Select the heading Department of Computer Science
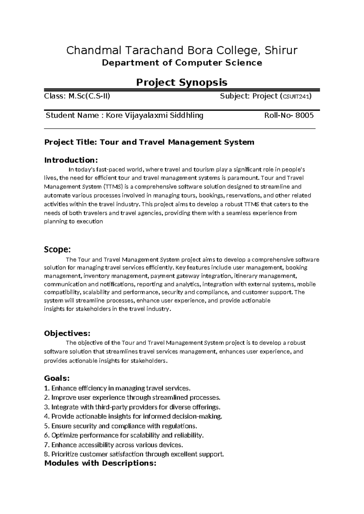point(182,63)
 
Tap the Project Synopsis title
point(182,82)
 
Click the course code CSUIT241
point(295,97)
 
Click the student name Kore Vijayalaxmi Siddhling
point(154,115)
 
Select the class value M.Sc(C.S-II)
point(89,96)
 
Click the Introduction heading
point(71,160)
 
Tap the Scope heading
point(57,249)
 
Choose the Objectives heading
point(67,334)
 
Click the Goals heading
point(57,378)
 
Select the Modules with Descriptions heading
point(100,463)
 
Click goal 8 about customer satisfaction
point(134,454)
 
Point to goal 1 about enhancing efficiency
point(117,388)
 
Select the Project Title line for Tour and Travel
point(149,142)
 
